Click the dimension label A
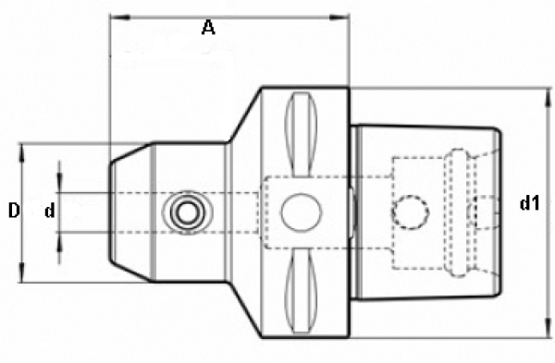[x=208, y=28]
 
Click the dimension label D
[x=14, y=211]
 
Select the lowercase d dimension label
[x=50, y=211]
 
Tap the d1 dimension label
[x=529, y=203]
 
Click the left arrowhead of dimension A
[x=120, y=18]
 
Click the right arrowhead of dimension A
[x=339, y=18]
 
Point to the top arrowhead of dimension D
[x=22, y=153]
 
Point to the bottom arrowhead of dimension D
[x=22, y=272]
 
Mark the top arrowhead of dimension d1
[x=548, y=97]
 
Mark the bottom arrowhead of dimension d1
[x=548, y=328]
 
